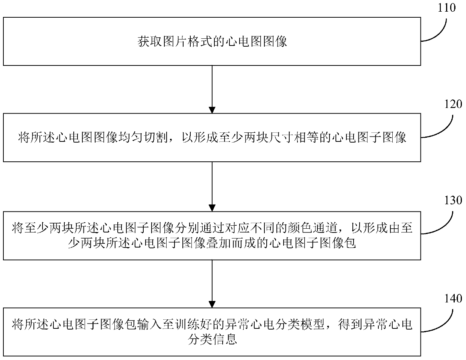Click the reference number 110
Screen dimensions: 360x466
[x=446, y=7]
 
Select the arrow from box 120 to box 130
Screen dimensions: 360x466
[x=212, y=187]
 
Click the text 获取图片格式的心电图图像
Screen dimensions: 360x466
[x=212, y=41]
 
